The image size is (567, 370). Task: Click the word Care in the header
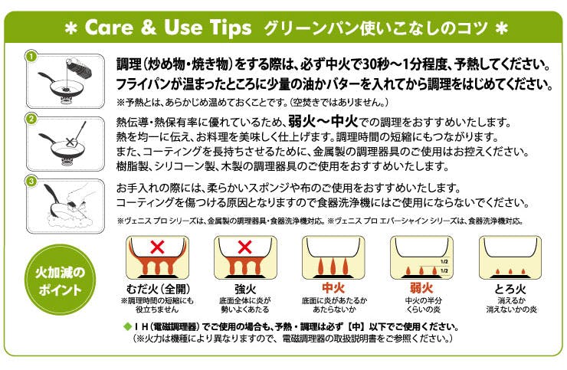109,27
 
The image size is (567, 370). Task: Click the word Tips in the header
231,28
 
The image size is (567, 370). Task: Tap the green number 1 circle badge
31,57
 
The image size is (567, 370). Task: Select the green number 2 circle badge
31,119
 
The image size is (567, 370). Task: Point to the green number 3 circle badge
31,181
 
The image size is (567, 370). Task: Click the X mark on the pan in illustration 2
70,142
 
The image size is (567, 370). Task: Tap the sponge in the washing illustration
72,206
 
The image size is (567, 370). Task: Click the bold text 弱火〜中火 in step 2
323,122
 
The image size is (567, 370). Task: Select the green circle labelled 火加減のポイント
60,280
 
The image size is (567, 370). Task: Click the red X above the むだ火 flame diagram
157,247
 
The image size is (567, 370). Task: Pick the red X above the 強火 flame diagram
245,247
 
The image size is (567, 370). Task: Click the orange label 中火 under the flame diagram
333,288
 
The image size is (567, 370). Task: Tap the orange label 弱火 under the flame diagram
421,288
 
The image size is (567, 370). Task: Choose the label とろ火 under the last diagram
510,289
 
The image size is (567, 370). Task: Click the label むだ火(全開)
158,289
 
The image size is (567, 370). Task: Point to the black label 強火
245,289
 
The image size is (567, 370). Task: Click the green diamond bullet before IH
127,327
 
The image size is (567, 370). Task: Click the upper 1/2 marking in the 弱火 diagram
444,261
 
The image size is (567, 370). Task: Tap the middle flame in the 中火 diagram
333,267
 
